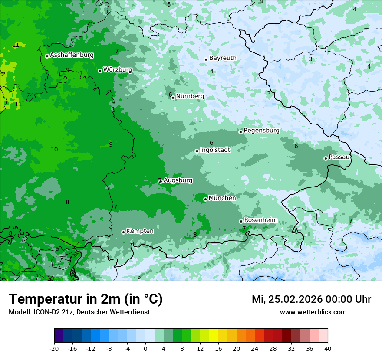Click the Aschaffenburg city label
click(x=72, y=55)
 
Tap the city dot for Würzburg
click(x=100, y=71)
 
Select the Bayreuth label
click(x=223, y=58)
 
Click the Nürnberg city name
click(x=190, y=96)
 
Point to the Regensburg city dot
click(x=240, y=132)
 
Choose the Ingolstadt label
click(x=215, y=150)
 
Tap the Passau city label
click(x=339, y=157)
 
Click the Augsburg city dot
click(x=161, y=182)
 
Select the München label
click(x=222, y=198)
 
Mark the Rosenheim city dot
click(x=241, y=221)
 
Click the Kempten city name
click(x=140, y=231)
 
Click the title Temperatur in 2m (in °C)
click(x=86, y=299)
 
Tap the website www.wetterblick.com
click(x=313, y=312)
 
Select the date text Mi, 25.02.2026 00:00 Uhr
click(x=311, y=299)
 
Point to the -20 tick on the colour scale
click(x=54, y=349)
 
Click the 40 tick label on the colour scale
click(x=327, y=349)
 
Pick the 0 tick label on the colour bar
click(x=145, y=349)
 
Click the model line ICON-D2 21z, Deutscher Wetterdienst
click(x=79, y=312)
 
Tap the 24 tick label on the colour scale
click(x=255, y=349)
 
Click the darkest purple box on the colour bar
click(x=59, y=336)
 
